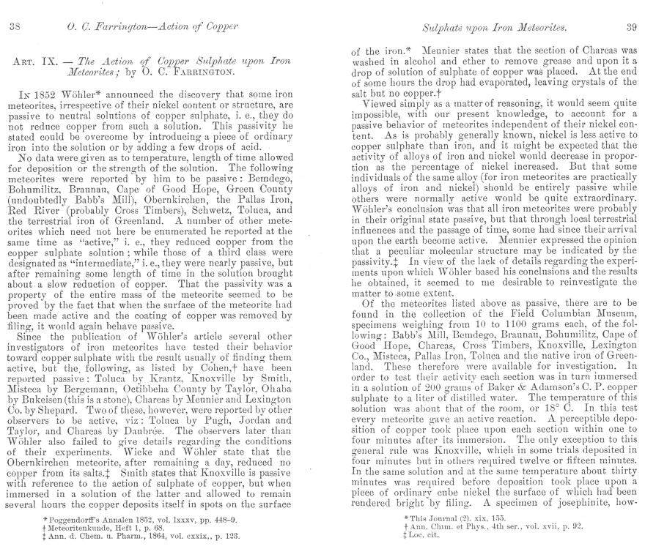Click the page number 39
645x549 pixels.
tap(630, 28)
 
